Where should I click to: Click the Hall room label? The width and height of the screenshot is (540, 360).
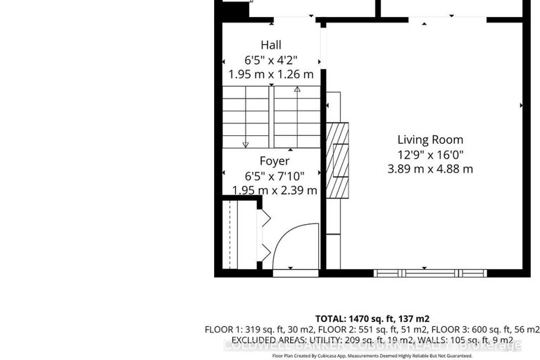(x=271, y=44)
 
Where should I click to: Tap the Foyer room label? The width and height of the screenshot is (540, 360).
(x=274, y=161)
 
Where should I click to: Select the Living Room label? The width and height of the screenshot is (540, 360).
(x=430, y=139)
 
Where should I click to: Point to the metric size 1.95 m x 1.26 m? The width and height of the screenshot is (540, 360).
(x=271, y=73)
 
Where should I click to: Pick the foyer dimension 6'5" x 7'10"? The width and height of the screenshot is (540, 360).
(x=274, y=176)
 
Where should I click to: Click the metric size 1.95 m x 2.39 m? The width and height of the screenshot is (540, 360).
(x=274, y=190)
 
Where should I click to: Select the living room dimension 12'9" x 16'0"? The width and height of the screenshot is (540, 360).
(x=430, y=154)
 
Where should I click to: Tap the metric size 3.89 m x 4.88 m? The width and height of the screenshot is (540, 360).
(x=430, y=169)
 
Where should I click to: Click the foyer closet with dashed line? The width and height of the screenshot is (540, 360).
(x=240, y=235)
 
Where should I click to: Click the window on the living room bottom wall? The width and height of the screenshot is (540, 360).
(x=425, y=273)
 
